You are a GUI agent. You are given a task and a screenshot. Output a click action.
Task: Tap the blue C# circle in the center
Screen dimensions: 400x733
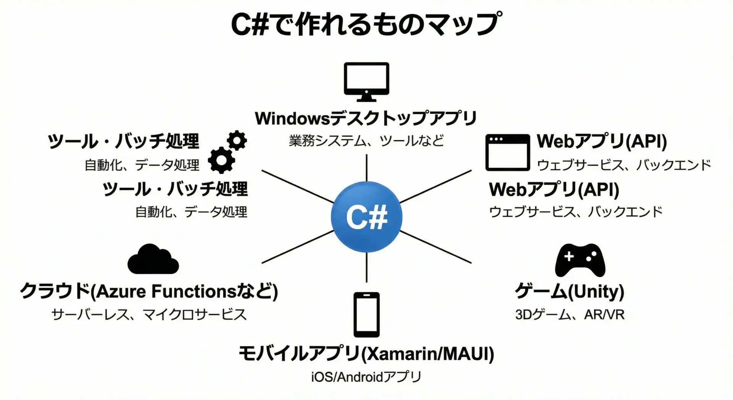(366, 217)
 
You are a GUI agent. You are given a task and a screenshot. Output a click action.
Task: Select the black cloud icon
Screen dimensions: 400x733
(153, 259)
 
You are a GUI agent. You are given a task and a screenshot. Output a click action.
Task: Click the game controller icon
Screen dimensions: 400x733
(580, 260)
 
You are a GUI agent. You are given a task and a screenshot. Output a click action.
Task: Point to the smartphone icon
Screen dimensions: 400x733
(366, 314)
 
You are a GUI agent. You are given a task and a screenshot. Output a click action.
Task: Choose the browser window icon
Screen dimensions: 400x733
(507, 152)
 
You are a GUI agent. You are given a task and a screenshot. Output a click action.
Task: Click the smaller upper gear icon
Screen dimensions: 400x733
(237, 141)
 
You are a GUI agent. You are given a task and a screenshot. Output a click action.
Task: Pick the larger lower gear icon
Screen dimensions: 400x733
(221, 160)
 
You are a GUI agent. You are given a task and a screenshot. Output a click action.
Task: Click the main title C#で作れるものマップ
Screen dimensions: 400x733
(366, 24)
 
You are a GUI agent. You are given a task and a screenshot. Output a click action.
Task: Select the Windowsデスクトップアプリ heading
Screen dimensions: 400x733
(366, 118)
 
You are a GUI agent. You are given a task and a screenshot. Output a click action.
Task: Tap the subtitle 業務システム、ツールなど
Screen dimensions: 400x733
(366, 141)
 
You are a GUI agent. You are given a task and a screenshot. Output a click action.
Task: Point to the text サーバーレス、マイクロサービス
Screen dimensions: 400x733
(149, 314)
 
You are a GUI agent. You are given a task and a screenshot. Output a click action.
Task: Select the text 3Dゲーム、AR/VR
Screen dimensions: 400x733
(570, 314)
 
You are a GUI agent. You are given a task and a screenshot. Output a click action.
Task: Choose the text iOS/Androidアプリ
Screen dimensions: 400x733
(366, 377)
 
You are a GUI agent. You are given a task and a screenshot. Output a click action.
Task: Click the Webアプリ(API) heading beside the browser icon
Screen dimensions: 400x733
(602, 141)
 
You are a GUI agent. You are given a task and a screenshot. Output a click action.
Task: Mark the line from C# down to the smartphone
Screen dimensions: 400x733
(366, 267)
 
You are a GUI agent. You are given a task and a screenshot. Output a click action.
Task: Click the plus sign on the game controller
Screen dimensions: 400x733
(569, 256)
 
